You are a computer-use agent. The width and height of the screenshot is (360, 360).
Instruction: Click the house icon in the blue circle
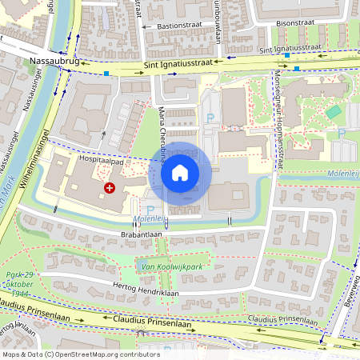coord(180,172)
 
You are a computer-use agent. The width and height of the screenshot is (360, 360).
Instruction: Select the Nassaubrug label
coord(52,60)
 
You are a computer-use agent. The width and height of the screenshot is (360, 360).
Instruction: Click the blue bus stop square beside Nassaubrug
coord(106,73)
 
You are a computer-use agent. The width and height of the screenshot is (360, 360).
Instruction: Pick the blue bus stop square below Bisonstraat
coord(297,69)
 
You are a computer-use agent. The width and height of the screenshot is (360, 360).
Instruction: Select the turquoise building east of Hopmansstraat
coord(333,112)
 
